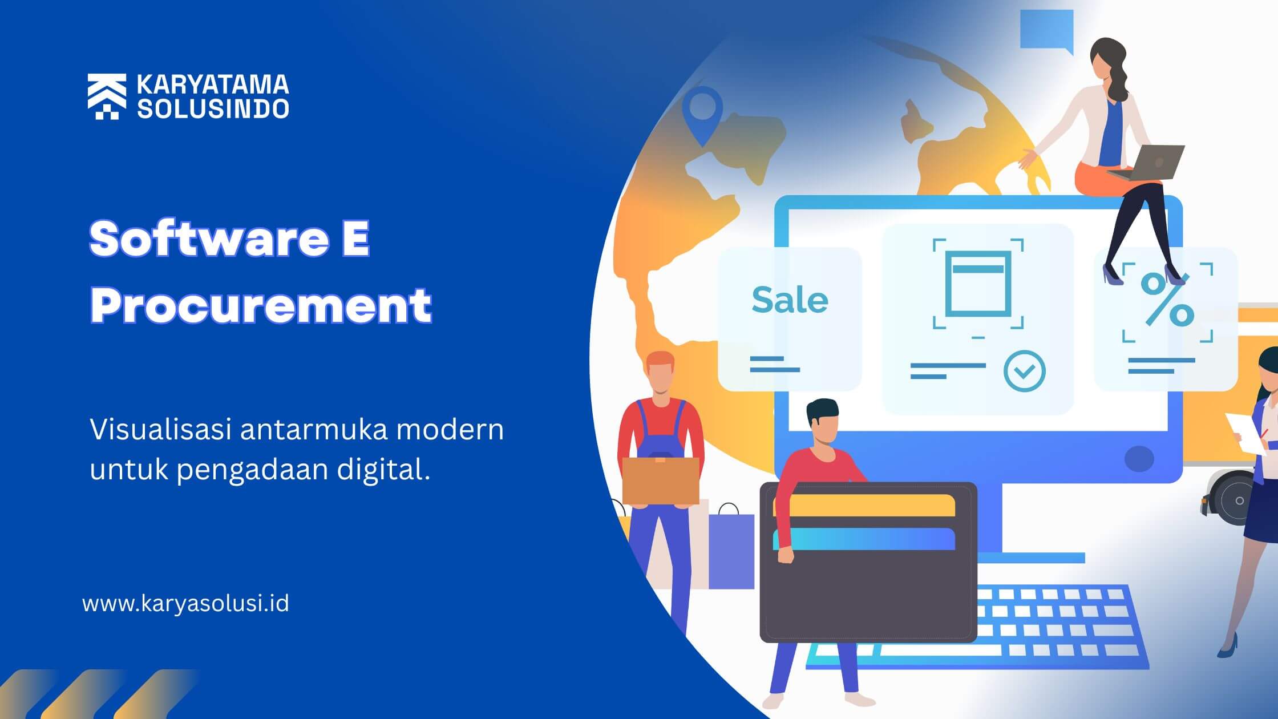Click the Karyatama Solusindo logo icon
[107, 96]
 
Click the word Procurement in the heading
[261, 305]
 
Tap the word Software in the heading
[209, 239]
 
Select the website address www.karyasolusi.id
[186, 603]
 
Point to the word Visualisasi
[161, 429]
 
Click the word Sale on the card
[790, 300]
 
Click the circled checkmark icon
[1025, 371]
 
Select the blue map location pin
[702, 114]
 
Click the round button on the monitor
[1139, 458]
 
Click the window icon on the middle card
[978, 284]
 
